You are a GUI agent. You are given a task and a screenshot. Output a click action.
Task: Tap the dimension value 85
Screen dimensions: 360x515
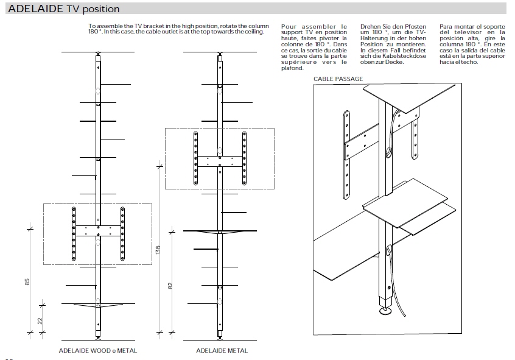tap(27, 282)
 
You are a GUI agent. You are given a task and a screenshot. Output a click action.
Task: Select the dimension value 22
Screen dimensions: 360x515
tap(40, 322)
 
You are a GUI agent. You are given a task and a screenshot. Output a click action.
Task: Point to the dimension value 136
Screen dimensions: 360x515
tap(158, 251)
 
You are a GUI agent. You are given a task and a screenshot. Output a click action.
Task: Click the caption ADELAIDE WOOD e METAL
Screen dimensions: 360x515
tap(97, 351)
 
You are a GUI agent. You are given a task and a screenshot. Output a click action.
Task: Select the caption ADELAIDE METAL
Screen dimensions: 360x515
tap(222, 351)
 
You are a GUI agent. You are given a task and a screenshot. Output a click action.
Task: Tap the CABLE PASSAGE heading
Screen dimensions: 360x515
tap(338, 79)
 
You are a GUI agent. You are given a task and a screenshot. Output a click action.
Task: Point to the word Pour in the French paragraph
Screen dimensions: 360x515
tap(290, 27)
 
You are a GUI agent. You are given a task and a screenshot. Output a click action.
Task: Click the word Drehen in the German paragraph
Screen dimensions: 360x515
tap(371, 27)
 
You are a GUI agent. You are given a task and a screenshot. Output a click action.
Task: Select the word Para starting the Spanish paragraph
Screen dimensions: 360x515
tap(446, 27)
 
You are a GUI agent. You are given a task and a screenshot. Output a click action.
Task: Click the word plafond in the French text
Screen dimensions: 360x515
tap(292, 68)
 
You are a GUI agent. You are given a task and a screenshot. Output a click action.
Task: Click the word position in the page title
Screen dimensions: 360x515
tap(98, 9)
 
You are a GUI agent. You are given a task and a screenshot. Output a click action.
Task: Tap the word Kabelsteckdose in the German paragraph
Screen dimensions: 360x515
tap(404, 55)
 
